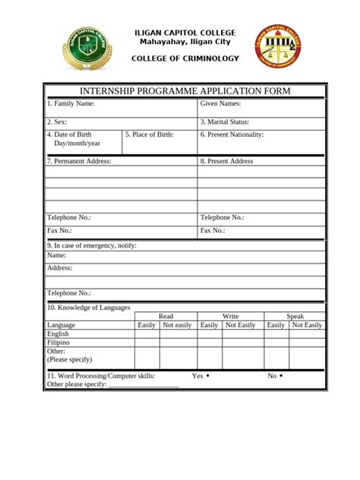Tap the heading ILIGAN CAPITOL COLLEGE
pyautogui.click(x=185, y=33)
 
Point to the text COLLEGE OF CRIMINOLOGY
pyautogui.click(x=185, y=59)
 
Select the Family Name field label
pyautogui.click(x=71, y=103)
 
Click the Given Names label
pyautogui.click(x=220, y=103)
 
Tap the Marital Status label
pyautogui.click(x=225, y=122)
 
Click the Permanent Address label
pyautogui.click(x=79, y=161)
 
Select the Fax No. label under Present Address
pyautogui.click(x=213, y=230)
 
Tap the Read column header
pyautogui.click(x=166, y=316)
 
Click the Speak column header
pyautogui.click(x=295, y=316)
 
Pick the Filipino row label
pyautogui.click(x=59, y=343)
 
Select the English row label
pyautogui.click(x=58, y=333)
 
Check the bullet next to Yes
pyautogui.click(x=208, y=376)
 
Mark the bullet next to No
pyautogui.click(x=281, y=376)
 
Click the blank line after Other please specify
pyautogui.click(x=144, y=385)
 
